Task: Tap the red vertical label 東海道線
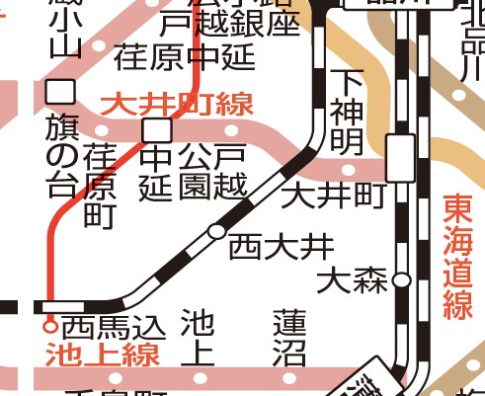point(458,257)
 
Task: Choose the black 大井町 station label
point(332,196)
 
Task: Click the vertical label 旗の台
point(61,154)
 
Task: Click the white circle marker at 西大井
point(215,232)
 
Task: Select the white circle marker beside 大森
point(401,280)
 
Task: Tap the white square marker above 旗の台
point(61,92)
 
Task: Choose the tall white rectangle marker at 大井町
point(400,158)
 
